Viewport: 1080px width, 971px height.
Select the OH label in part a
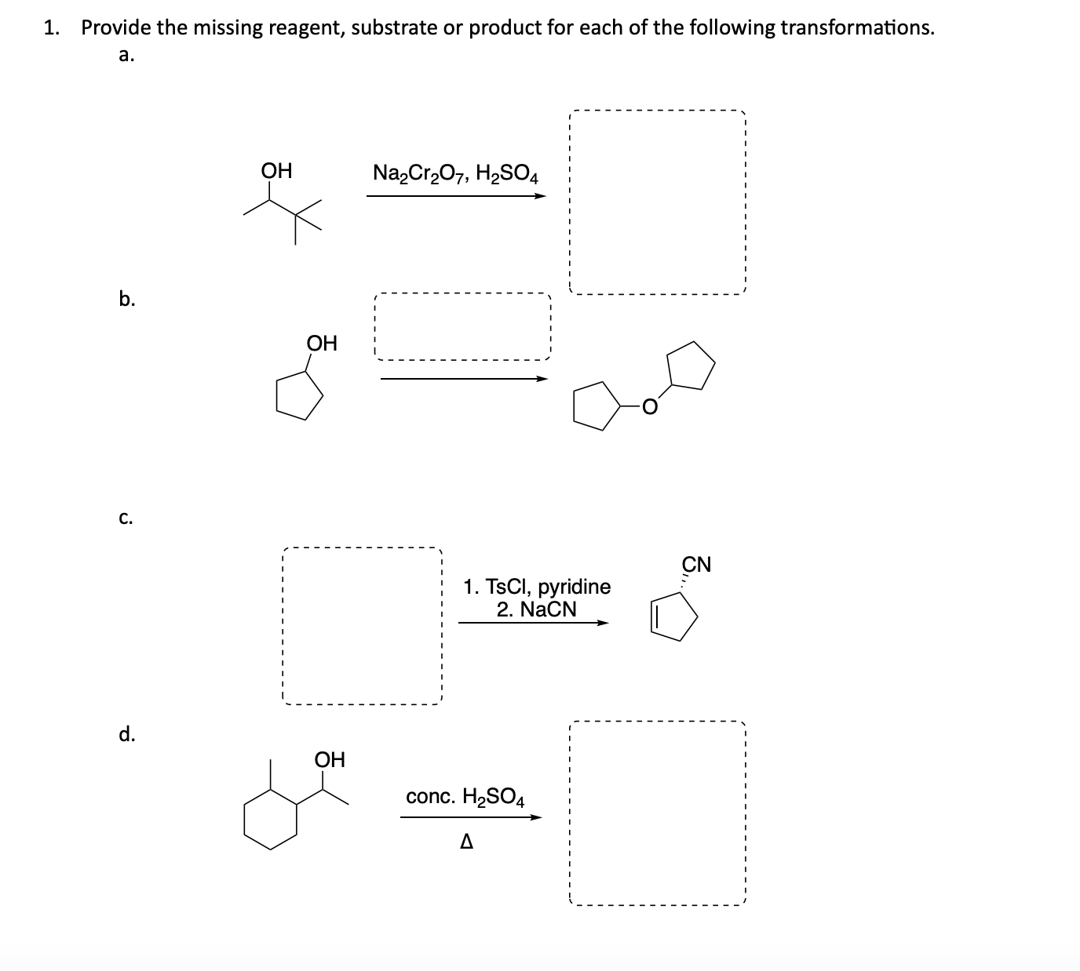pyautogui.click(x=276, y=170)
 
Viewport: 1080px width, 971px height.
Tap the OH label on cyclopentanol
pyautogui.click(x=322, y=343)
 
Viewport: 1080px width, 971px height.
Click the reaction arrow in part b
pyautogui.click(x=463, y=379)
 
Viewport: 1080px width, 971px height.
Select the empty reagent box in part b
pyautogui.click(x=463, y=327)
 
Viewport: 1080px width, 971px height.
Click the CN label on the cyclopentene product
pyautogui.click(x=696, y=564)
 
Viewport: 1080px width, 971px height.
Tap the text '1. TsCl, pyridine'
pyautogui.click(x=537, y=587)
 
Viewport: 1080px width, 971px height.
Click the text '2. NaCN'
pyautogui.click(x=537, y=609)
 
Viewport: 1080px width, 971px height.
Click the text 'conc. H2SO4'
pyautogui.click(x=465, y=797)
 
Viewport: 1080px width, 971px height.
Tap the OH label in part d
pyautogui.click(x=330, y=759)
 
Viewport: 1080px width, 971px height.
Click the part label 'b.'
pyautogui.click(x=126, y=298)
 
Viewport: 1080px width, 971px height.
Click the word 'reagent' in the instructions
pyautogui.click(x=308, y=28)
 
